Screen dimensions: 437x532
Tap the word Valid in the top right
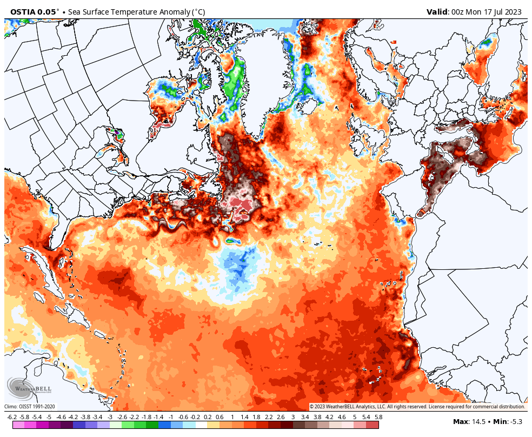(437, 11)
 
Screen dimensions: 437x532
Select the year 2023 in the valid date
(513, 11)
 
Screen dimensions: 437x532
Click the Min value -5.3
(516, 421)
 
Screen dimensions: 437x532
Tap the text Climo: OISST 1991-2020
(30, 406)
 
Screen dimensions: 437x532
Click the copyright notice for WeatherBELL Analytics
(417, 406)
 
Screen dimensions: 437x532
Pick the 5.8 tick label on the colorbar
(378, 417)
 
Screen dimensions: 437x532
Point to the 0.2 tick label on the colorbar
(208, 417)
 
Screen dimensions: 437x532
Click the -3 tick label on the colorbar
(110, 417)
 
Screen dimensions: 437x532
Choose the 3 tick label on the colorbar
(293, 417)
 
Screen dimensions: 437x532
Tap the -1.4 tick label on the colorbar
(158, 417)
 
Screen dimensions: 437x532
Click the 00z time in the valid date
(458, 11)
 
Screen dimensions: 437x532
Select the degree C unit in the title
(197, 11)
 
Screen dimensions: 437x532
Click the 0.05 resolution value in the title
(46, 11)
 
